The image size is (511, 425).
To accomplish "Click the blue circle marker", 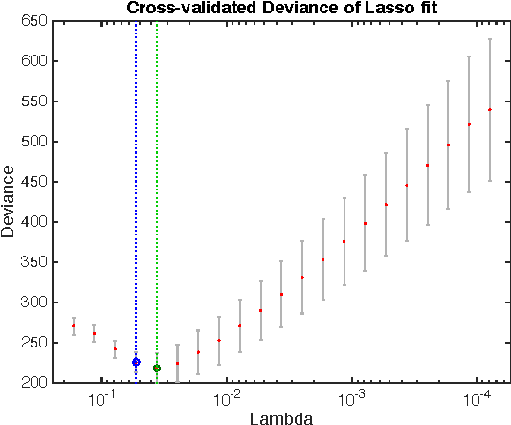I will click(x=136, y=362).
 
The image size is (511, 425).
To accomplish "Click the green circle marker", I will click(x=157, y=368).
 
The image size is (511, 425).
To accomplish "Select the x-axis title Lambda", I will click(x=278, y=417).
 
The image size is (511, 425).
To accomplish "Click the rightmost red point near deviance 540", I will click(x=489, y=110).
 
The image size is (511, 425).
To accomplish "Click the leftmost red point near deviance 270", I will click(x=73, y=326).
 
